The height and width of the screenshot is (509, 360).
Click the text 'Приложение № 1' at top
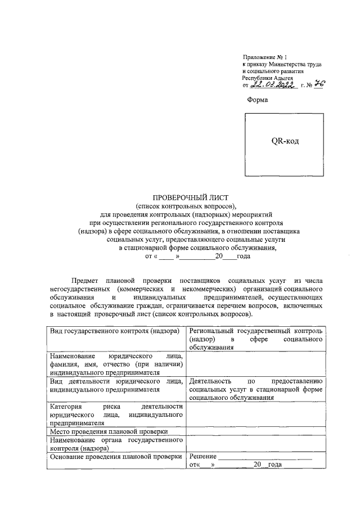[x=264, y=58]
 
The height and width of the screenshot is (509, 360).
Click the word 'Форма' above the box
[x=258, y=100]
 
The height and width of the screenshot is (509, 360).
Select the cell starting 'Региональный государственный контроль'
[x=256, y=340]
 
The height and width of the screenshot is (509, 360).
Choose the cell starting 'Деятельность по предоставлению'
[x=256, y=389]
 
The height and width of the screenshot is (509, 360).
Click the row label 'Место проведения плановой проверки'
[x=109, y=431]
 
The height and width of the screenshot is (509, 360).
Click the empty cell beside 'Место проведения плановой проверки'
[x=256, y=431]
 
